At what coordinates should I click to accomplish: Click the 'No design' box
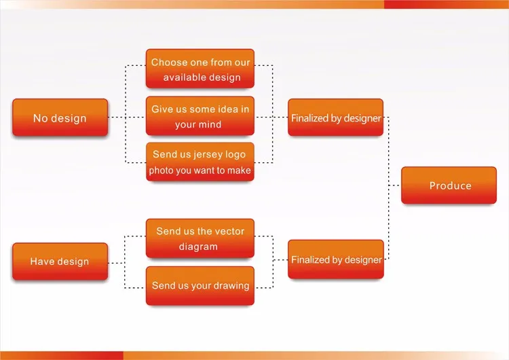pyautogui.click(x=60, y=118)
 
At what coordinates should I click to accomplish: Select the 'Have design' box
pyautogui.click(x=60, y=262)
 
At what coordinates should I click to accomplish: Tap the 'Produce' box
pyautogui.click(x=449, y=185)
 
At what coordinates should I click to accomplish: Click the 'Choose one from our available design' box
pyautogui.click(x=200, y=69)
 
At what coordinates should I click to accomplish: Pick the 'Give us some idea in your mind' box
pyautogui.click(x=200, y=116)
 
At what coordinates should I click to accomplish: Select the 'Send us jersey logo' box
pyautogui.click(x=200, y=162)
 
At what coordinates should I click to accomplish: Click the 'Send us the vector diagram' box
pyautogui.click(x=200, y=238)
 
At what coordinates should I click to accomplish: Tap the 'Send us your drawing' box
pyautogui.click(x=200, y=285)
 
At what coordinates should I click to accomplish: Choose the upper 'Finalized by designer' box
pyautogui.click(x=336, y=118)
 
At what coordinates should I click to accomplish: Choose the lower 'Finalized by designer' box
pyautogui.click(x=336, y=259)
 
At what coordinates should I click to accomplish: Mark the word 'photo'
pyautogui.click(x=161, y=170)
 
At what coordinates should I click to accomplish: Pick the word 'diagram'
pyautogui.click(x=199, y=247)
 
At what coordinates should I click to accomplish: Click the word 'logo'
pyautogui.click(x=235, y=154)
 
